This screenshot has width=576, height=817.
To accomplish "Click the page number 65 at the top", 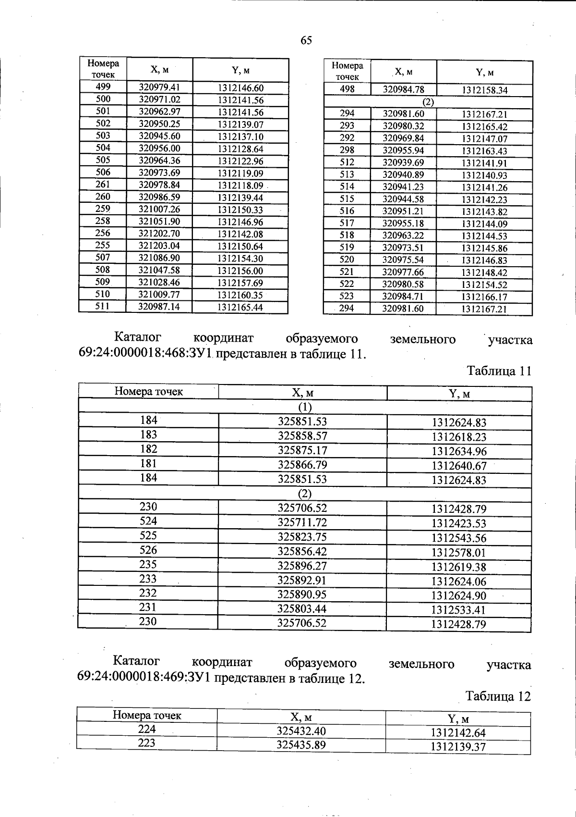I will coord(306,40).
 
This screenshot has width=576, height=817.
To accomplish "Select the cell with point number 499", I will coord(103,87).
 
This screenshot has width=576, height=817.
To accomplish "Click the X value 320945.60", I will coord(159,136).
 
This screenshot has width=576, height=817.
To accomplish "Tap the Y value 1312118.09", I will coord(240,185).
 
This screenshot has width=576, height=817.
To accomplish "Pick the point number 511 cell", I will coord(102,306).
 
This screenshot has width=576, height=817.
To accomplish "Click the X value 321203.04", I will coord(159,246).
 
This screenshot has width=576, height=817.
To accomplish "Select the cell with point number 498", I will coord(347,89).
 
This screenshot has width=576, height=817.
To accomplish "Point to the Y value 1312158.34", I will coord(485,90).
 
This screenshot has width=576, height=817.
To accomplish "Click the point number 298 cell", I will coord(347,150).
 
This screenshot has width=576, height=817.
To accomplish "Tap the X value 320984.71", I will coord(403,297).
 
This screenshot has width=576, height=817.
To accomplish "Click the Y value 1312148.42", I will coord(485,272).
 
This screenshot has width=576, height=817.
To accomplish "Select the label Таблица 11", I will coord(499,371).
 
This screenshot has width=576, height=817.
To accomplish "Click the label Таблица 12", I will coord(498,696).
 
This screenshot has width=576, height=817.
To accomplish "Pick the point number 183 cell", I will coord(148,435).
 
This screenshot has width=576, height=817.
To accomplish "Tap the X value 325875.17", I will coord(302,450).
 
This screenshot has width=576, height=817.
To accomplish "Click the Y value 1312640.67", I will coord(459,466).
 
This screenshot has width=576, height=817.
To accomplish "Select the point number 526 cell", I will coord(148,550).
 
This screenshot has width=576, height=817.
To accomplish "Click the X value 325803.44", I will coord(302,609).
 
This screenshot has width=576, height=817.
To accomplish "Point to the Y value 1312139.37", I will coord(458,747).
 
